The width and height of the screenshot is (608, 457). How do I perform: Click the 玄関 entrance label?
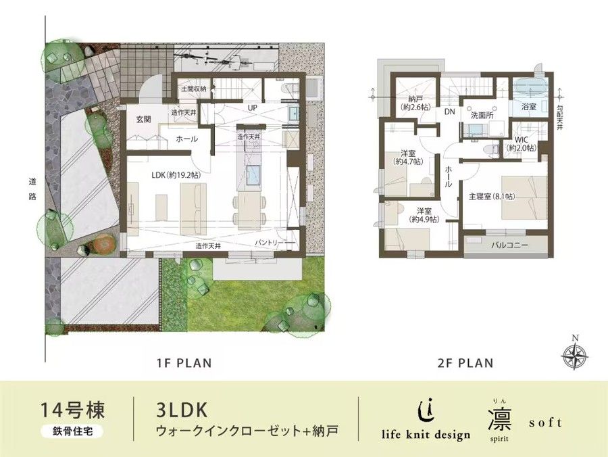tap(143, 119)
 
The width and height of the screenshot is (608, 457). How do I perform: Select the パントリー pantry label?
tap(273, 242)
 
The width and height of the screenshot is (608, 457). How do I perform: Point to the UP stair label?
tap(253, 107)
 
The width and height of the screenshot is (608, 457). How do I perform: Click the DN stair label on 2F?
tap(449, 113)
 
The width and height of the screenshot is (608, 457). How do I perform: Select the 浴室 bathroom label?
tap(529, 107)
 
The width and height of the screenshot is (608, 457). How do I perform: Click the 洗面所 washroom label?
tap(482, 115)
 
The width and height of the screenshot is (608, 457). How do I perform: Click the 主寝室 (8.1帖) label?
tap(492, 197)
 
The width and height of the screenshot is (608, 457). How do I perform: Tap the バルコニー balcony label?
tap(509, 245)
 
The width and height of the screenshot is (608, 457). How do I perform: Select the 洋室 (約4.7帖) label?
tap(409, 157)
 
